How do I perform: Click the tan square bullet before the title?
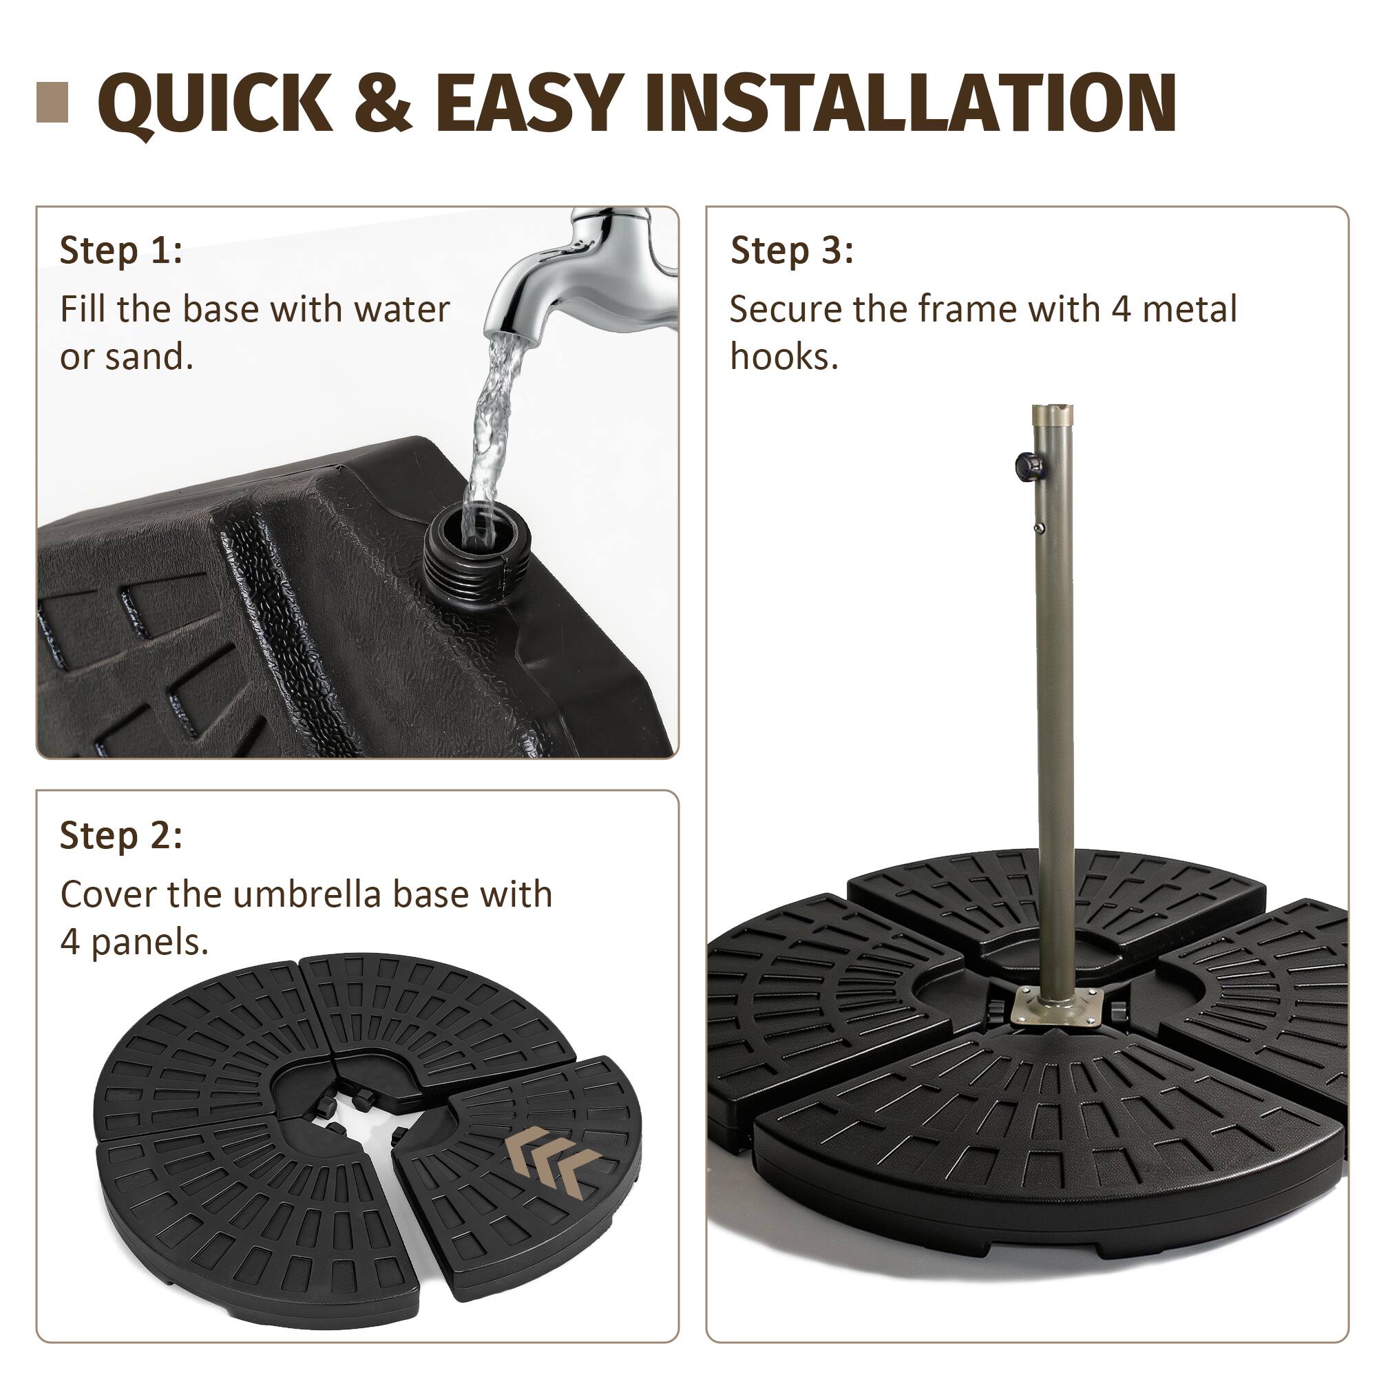click(x=52, y=102)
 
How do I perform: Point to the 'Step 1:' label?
click(x=121, y=250)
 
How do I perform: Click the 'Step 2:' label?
click(x=121, y=835)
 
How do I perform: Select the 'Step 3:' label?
click(x=792, y=251)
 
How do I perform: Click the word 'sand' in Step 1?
click(x=147, y=357)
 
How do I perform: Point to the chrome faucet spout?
click(x=570, y=285)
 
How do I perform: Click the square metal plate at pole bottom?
click(x=1058, y=1008)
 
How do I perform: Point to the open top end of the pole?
click(x=1052, y=410)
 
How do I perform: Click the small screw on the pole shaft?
click(x=1040, y=528)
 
